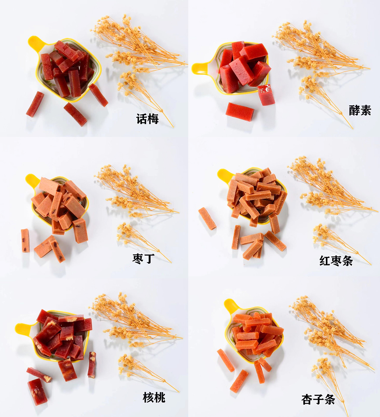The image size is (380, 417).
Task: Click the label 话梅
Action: click(147, 119)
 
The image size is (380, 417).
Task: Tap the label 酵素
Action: click(360, 110)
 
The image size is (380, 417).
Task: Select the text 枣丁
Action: click(143, 259)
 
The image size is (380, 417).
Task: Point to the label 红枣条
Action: click(336, 261)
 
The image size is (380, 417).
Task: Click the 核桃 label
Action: click(154, 397)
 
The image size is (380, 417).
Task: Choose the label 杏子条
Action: click(318, 399)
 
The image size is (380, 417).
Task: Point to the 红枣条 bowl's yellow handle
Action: click(225, 175)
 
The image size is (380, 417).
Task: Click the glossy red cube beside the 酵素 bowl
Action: click(266, 95)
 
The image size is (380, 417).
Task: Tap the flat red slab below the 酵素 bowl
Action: click(240, 109)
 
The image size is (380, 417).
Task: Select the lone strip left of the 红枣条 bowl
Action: click(207, 219)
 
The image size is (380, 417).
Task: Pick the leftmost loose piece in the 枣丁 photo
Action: click(25, 241)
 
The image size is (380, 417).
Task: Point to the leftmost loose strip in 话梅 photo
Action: click(35, 104)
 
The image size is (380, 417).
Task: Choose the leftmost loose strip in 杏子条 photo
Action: click(226, 360)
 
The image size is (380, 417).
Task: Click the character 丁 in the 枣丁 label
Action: click(149, 259)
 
